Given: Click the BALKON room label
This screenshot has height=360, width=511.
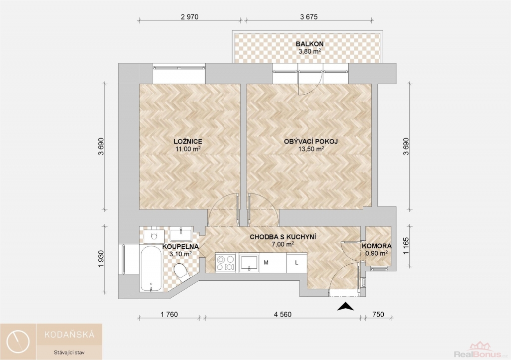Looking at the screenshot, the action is [309, 44].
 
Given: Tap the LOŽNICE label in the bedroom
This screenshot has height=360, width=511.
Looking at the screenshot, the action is [188, 141].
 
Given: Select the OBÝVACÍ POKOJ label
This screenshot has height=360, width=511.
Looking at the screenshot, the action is [311, 141].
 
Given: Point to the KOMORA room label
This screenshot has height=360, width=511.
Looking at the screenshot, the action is [377, 246].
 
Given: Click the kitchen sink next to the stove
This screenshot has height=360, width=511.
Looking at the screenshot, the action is [249, 263].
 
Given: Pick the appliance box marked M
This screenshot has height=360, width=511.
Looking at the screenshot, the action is [266, 263].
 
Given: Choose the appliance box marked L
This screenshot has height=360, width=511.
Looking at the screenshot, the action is [296, 263].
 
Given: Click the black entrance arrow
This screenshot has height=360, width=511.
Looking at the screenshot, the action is [345, 307].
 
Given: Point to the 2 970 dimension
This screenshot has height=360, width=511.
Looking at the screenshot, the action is [189, 16].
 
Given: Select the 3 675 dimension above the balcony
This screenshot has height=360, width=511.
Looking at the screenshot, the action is [308, 16].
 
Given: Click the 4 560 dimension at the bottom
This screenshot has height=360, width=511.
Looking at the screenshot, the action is [282, 315].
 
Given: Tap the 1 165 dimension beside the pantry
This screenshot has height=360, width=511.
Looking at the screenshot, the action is [406, 246].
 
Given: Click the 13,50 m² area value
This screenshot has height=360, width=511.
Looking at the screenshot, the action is [311, 149].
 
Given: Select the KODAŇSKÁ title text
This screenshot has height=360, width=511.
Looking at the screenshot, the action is [69, 334].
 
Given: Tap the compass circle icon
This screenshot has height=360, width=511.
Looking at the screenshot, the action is [18, 342].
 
